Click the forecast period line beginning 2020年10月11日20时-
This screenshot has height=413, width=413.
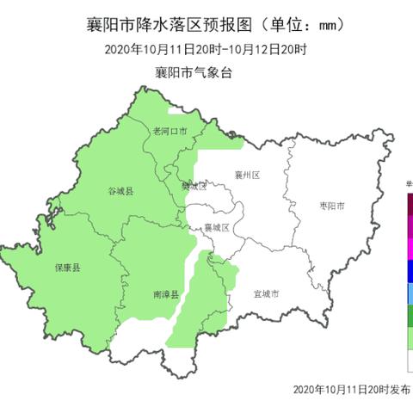pos(206,50)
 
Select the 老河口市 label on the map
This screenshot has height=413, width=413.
pos(170,132)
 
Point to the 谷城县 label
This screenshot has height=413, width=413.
pos(120,190)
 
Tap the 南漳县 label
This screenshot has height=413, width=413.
pos(166,294)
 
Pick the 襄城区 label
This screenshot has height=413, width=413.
pos(216,228)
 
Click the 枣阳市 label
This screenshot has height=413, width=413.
pos(331,206)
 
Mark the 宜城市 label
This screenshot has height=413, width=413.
pos(266,294)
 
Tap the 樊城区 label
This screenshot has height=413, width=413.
pos(194,186)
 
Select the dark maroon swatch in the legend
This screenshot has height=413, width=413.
pos(409,206)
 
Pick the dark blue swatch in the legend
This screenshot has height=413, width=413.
pos(409,274)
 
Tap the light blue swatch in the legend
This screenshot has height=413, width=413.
pos(409,296)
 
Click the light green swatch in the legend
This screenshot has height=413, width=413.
pos(409,341)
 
